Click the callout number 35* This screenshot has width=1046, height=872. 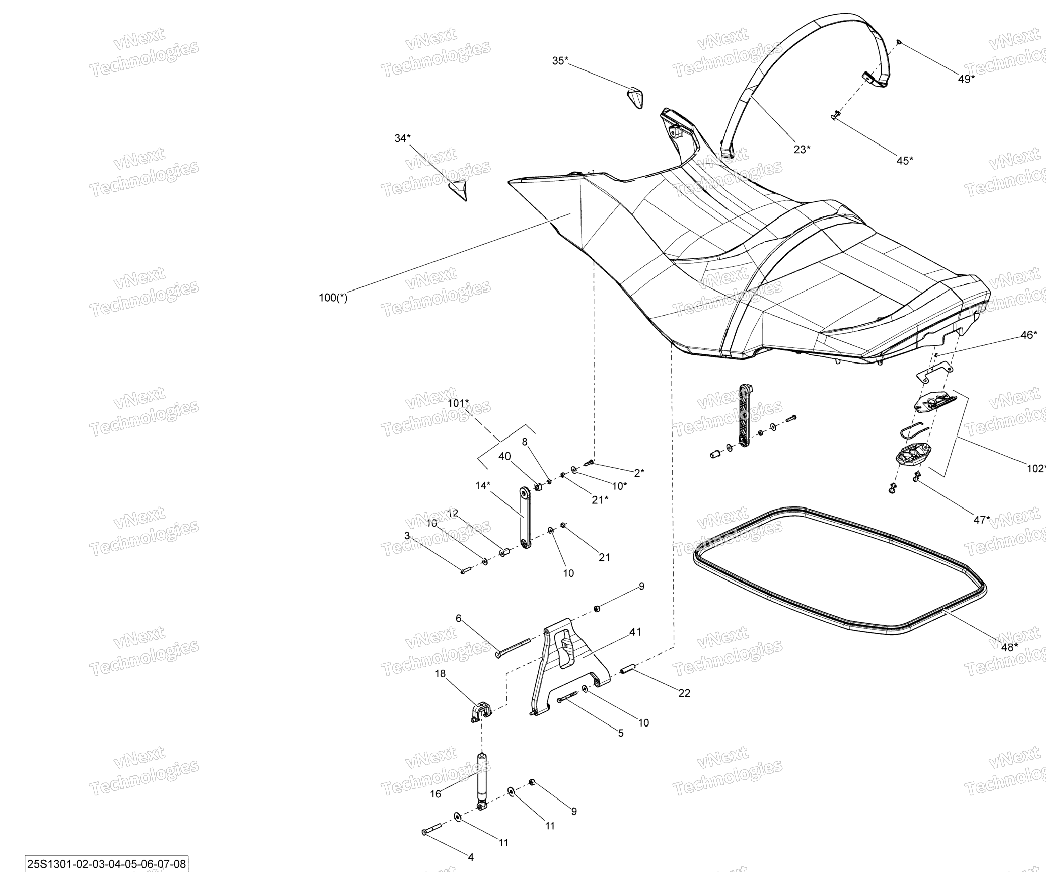click(x=560, y=61)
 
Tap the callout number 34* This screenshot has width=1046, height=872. click(x=403, y=138)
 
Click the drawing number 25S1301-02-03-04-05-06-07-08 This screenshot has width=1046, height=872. click(x=107, y=864)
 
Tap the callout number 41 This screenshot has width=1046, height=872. click(x=635, y=632)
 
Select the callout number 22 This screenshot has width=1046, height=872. click(x=684, y=693)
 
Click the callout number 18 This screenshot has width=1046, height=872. click(x=440, y=674)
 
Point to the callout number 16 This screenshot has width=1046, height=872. click(x=435, y=794)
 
